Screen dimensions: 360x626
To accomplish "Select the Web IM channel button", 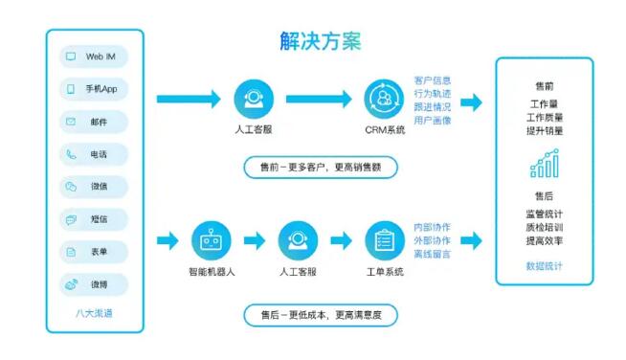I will pyautogui.click(x=94, y=56).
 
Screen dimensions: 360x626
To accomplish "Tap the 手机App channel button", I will pyautogui.click(x=94, y=89).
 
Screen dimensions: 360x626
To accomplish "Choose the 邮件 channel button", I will pyautogui.click(x=94, y=122).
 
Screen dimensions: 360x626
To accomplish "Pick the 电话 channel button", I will pyautogui.click(x=94, y=154).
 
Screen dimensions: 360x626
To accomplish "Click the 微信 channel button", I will pyautogui.click(x=94, y=187).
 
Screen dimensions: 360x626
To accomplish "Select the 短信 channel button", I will pyautogui.click(x=94, y=219).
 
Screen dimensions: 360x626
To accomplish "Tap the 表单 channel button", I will pyautogui.click(x=94, y=252).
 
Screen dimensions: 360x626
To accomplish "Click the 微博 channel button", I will pyautogui.click(x=94, y=284).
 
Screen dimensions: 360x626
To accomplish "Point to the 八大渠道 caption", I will pyautogui.click(x=94, y=313).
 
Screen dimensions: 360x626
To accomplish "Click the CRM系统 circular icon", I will pyautogui.click(x=384, y=99).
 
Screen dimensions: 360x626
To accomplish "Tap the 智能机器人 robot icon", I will pyautogui.click(x=212, y=240).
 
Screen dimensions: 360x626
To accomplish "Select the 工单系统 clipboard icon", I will pyautogui.click(x=384, y=240).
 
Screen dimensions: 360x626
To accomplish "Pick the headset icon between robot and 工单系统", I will pyautogui.click(x=298, y=240).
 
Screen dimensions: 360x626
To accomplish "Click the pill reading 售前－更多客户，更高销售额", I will pyautogui.click(x=320, y=167).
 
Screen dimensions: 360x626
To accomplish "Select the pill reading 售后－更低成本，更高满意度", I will pyautogui.click(x=320, y=313).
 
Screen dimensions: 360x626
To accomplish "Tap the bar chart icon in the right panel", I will pyautogui.click(x=544, y=165).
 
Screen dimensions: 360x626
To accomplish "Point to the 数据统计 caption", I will pyautogui.click(x=544, y=265).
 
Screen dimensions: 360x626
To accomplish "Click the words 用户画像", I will pyautogui.click(x=433, y=121).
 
